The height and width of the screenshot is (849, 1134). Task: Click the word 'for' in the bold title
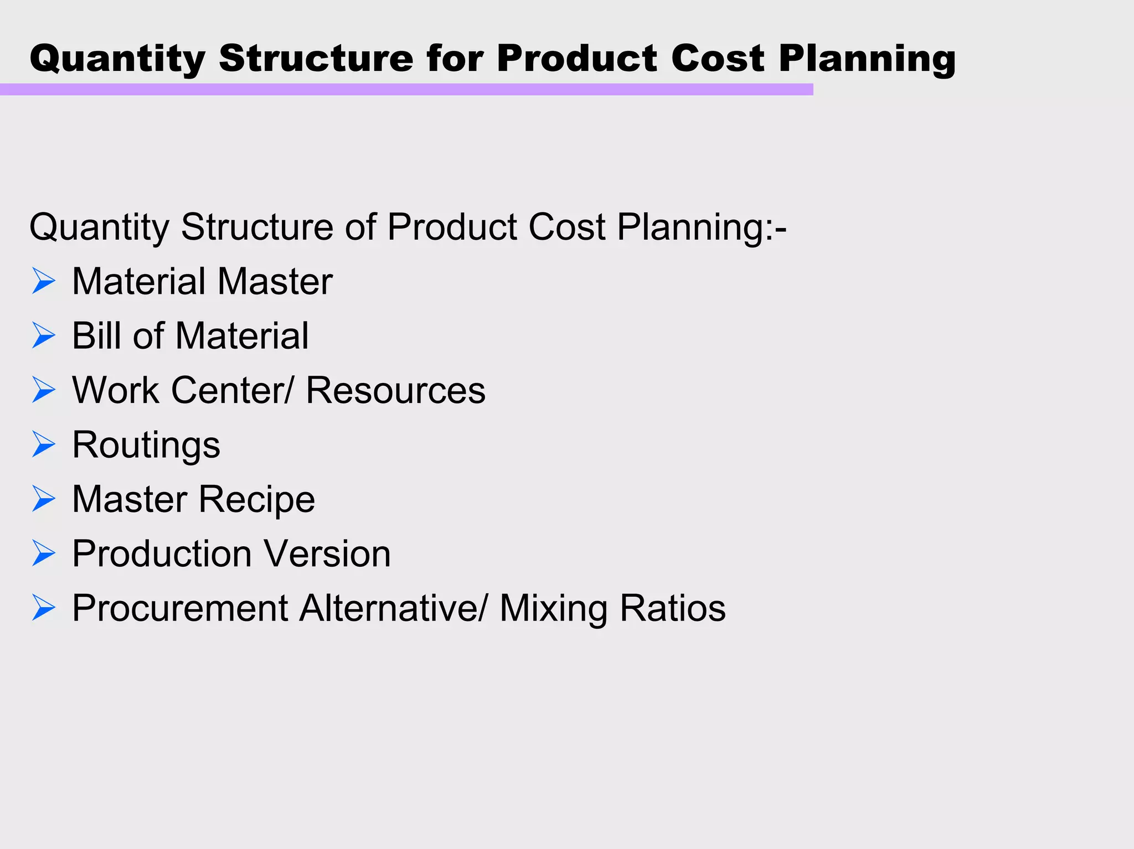pyautogui.click(x=454, y=58)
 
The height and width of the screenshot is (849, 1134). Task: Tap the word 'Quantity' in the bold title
pyautogui.click(x=117, y=59)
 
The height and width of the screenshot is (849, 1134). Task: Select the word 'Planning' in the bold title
pyautogui.click(x=867, y=59)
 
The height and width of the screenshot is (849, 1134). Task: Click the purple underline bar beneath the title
pyautogui.click(x=406, y=89)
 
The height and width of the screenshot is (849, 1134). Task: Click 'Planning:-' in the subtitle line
pyautogui.click(x=702, y=228)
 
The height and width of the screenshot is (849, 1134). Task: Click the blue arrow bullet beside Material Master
pyautogui.click(x=44, y=281)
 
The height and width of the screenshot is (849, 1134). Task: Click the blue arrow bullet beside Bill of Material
pyautogui.click(x=44, y=335)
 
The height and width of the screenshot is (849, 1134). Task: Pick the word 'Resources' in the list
pyautogui.click(x=395, y=390)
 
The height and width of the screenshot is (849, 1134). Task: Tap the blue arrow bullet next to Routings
pyautogui.click(x=44, y=444)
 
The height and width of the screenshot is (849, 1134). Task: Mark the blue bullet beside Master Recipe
pyautogui.click(x=44, y=499)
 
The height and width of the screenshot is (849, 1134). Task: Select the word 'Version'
pyautogui.click(x=327, y=553)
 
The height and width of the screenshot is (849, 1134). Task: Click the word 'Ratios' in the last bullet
pyautogui.click(x=672, y=608)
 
